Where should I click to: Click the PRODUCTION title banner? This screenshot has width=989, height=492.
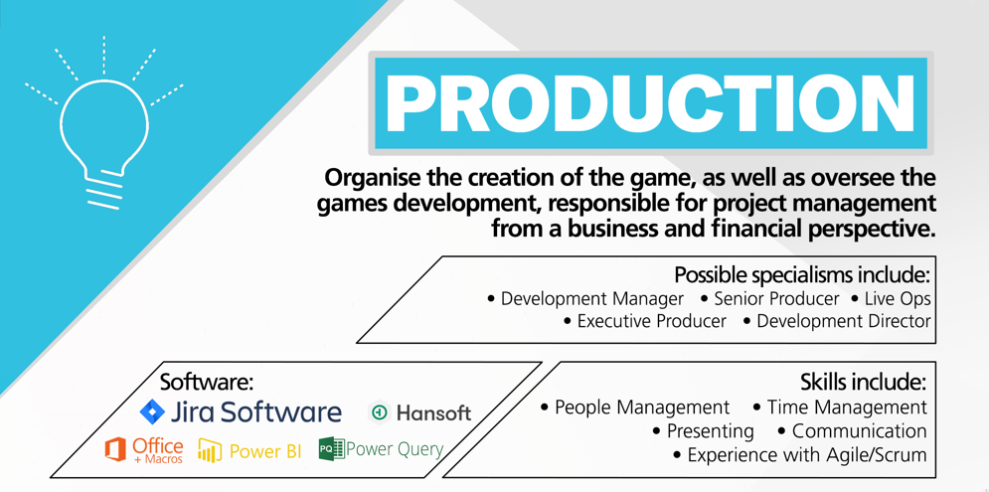650,103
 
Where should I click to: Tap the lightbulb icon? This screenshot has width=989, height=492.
104,123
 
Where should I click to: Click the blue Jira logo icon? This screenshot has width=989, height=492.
152,411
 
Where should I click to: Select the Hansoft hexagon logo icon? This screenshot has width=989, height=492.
380,412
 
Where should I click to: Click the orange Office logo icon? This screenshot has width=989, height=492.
115,450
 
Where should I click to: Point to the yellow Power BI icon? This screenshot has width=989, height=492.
210,450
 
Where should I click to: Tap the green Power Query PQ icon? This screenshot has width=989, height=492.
332,448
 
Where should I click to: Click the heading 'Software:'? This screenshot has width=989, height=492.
207,383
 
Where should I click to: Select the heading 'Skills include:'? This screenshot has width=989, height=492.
864,383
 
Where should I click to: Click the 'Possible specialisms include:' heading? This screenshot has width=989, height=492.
803,275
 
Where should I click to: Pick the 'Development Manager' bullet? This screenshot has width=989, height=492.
586,298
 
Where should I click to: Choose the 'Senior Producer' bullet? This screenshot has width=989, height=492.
770,298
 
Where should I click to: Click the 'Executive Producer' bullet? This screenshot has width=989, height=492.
645,321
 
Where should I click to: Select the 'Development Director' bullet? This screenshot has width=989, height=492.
837,321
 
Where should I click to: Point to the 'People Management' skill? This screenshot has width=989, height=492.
635,408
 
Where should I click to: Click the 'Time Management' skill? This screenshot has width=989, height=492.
840,408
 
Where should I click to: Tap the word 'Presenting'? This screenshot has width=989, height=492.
711,431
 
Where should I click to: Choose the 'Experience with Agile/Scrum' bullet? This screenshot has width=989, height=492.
800,455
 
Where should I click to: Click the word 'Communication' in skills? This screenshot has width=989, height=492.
859,430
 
